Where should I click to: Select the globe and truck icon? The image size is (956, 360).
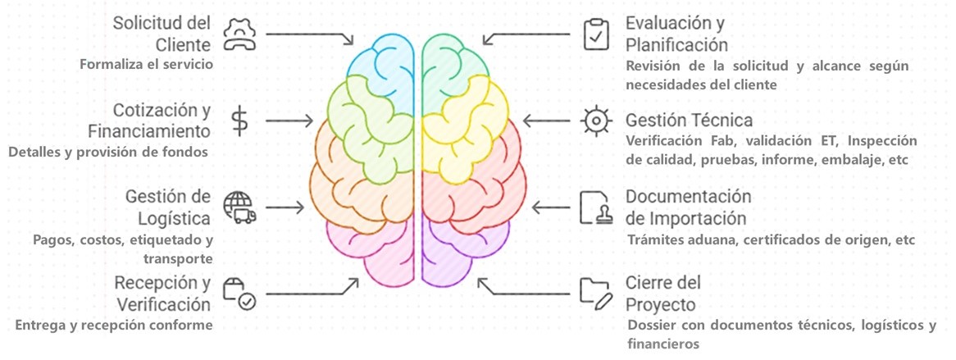pos(239,207)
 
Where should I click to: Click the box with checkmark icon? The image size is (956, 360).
pos(239,292)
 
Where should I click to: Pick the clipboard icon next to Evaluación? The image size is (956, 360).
pos(596,34)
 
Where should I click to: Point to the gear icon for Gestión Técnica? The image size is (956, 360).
pos(595,121)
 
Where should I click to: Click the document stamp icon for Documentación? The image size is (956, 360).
pos(596,207)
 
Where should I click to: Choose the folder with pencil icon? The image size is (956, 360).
pos(596,292)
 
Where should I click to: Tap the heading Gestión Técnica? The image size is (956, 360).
pos(689,121)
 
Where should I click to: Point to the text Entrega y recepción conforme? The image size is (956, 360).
pos(114,325)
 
